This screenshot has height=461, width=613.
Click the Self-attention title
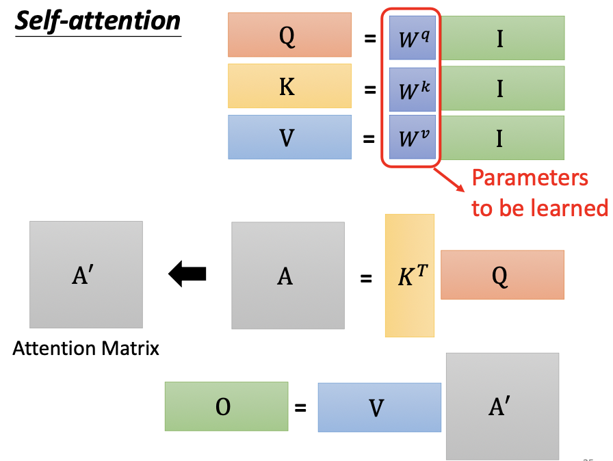point(97,21)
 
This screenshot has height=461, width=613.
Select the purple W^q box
point(413,38)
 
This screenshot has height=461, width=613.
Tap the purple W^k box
point(413,89)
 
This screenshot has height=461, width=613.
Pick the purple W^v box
point(413,137)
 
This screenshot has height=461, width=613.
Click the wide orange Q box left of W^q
point(289,38)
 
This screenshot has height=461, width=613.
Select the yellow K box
point(289,86)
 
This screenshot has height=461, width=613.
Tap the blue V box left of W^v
point(289,137)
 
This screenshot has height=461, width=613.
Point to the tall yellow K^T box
point(409,276)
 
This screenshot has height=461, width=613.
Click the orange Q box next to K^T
point(502,275)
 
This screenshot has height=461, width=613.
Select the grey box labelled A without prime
point(287,276)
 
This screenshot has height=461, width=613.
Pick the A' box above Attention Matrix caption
point(86,274)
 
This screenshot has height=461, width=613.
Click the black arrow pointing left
point(187,275)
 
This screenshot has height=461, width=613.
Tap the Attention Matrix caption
point(86,349)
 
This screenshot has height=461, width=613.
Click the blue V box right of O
point(379,408)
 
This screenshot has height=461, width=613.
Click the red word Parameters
point(530,179)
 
